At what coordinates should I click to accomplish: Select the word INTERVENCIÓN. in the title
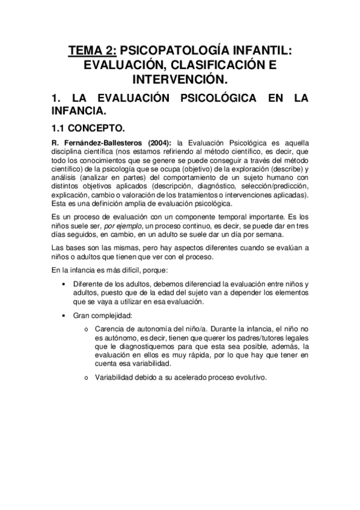[x=180, y=79]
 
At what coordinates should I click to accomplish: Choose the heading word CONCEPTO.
[x=100, y=128]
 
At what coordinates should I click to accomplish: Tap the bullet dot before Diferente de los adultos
[x=64, y=284]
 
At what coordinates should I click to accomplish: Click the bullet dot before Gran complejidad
[x=64, y=315]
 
